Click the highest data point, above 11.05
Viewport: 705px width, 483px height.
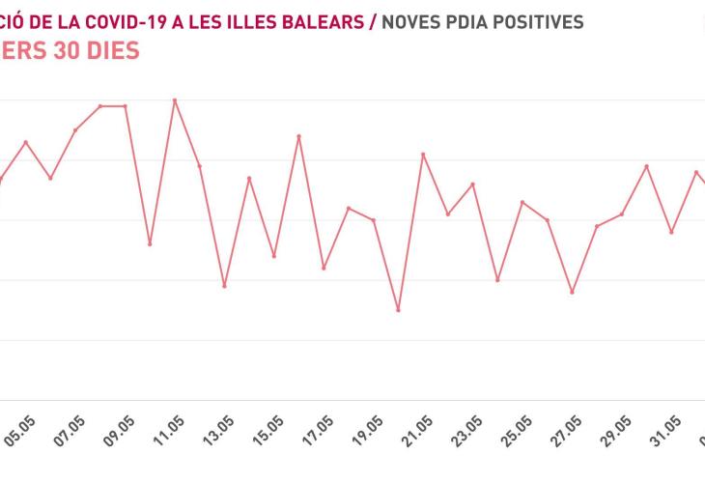[x=175, y=99]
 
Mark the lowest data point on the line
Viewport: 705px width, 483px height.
[x=398, y=310]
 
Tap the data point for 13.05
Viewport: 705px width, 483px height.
[x=224, y=286]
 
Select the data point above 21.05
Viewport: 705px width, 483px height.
[x=423, y=154]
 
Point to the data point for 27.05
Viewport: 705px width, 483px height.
[x=572, y=292]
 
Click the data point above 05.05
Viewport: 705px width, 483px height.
[x=26, y=142]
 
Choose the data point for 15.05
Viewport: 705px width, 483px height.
[x=274, y=256]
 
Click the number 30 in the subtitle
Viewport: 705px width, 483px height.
[x=70, y=50]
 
